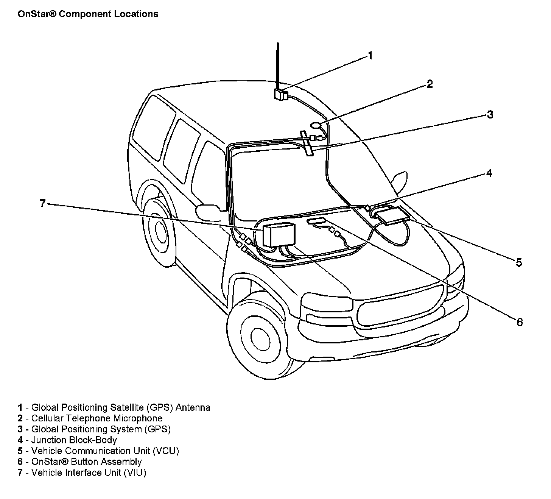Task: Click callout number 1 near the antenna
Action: pyautogui.click(x=370, y=56)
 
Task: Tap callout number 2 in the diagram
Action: pyautogui.click(x=429, y=84)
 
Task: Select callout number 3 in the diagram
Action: pyautogui.click(x=490, y=114)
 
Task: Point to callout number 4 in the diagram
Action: pyautogui.click(x=489, y=173)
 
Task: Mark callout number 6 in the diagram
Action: pyautogui.click(x=519, y=322)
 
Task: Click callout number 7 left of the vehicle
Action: pyautogui.click(x=43, y=204)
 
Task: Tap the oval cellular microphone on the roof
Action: pyautogui.click(x=316, y=125)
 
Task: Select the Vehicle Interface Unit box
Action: pyautogui.click(x=279, y=235)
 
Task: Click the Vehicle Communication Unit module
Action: pyautogui.click(x=391, y=215)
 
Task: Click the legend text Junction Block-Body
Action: pyautogui.click(x=74, y=440)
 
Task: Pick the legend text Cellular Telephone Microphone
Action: pyautogui.click(x=97, y=418)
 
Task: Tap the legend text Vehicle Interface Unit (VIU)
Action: pyautogui.click(x=89, y=472)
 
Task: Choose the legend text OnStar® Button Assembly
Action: pyautogui.click(x=86, y=462)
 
